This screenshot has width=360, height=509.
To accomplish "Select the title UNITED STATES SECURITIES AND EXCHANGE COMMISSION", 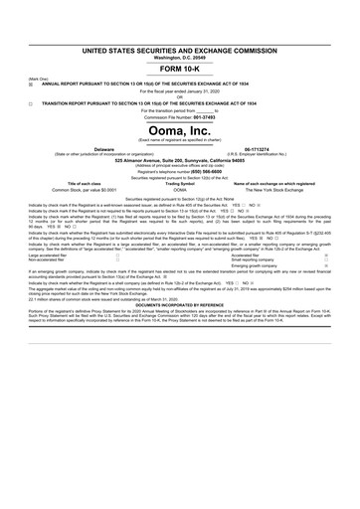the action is tap(179, 50).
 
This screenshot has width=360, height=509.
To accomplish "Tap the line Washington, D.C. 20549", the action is tap(179, 58).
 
